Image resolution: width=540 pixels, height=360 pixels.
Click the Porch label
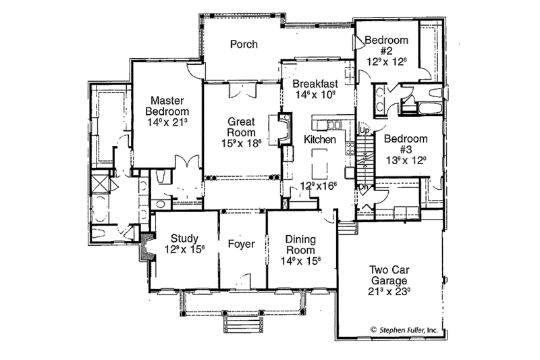coord(243,45)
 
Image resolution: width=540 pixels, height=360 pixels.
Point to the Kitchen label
coord(320,139)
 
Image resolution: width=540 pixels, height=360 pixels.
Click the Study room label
coord(184,238)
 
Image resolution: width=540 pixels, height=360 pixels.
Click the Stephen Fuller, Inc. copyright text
coord(403,330)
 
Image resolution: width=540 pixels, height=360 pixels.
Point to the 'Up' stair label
coord(364,130)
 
